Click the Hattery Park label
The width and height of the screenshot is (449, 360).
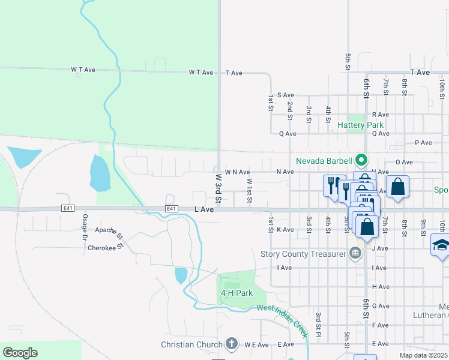360,125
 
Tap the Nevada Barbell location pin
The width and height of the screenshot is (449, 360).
361,160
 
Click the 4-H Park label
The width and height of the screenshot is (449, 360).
236,293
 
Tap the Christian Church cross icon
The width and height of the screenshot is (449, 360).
232,344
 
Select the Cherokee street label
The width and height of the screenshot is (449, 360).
101,247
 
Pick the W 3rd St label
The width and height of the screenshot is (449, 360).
218,188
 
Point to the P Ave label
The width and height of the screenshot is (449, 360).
423,143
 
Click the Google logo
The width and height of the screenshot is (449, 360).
20,353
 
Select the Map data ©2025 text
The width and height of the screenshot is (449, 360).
424,355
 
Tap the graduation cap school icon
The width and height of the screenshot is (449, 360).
441,244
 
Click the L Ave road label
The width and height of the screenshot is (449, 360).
204,209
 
